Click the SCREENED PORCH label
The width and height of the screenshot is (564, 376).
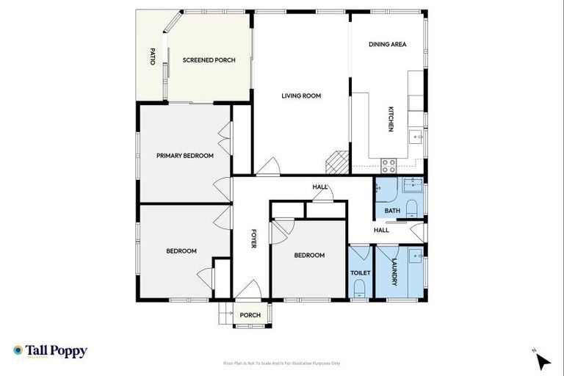click(209, 60)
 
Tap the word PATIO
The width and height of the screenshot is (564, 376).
click(153, 57)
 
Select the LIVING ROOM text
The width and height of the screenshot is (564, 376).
click(301, 95)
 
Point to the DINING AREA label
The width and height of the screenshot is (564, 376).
click(387, 45)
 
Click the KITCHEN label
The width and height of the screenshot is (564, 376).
click(391, 119)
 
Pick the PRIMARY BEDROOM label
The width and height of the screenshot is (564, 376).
click(184, 156)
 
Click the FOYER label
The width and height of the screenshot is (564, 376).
click(253, 241)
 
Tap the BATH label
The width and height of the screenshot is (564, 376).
click(393, 211)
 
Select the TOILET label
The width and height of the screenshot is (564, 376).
click(361, 272)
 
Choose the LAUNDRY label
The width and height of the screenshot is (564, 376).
click(394, 272)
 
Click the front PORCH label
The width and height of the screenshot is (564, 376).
click(250, 316)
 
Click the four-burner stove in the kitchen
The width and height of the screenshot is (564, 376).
click(388, 164)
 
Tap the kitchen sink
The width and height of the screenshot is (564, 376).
click(416, 136)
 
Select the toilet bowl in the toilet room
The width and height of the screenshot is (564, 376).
click(360, 292)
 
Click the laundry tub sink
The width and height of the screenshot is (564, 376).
click(416, 257)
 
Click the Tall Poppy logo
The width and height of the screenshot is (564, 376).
click(50, 351)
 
